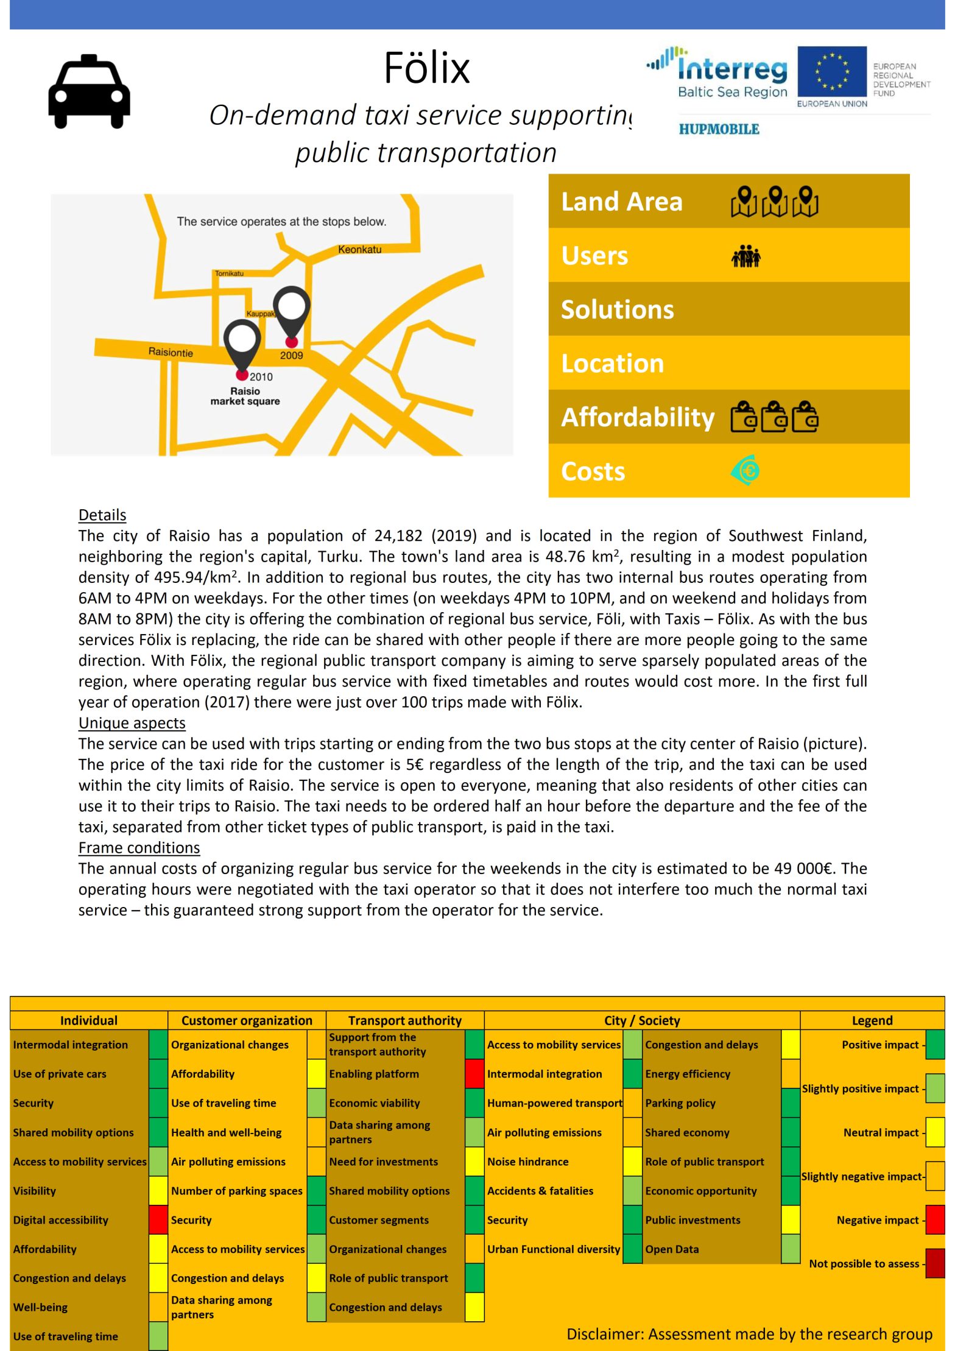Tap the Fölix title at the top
pos(426,68)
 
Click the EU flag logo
pos(832,72)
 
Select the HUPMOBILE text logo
pos(719,129)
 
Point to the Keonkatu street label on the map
pos(359,250)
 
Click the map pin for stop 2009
pos(291,314)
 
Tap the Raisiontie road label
pos(171,353)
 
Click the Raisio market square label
pos(245,397)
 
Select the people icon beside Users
pos(745,256)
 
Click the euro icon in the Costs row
pos(745,470)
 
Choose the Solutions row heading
pos(617,309)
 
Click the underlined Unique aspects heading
pos(132,723)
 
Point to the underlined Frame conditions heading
pos(139,848)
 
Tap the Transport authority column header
pos(404,1020)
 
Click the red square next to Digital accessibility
pos(158,1220)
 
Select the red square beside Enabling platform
pos(474,1074)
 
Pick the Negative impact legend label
pos(877,1220)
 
